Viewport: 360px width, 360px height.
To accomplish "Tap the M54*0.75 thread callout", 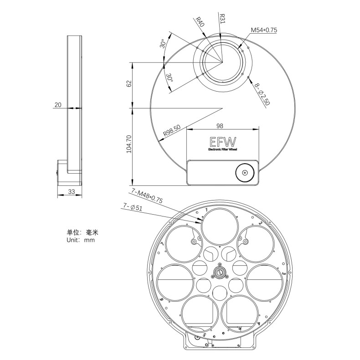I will point(264,30).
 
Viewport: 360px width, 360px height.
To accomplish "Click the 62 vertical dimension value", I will point(129,83).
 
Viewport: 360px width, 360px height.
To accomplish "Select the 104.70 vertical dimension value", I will point(129,143).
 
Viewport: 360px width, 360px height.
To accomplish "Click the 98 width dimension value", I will point(220,126).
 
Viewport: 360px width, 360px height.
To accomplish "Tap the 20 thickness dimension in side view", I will point(58,105).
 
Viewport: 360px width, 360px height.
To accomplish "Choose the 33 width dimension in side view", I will point(71,192).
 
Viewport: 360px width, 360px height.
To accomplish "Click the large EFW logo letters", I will point(220,141).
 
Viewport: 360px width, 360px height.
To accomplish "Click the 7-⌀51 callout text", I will point(133,207).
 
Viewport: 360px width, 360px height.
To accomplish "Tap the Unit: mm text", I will point(80,240).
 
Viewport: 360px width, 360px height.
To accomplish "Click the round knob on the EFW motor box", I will point(245,173).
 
